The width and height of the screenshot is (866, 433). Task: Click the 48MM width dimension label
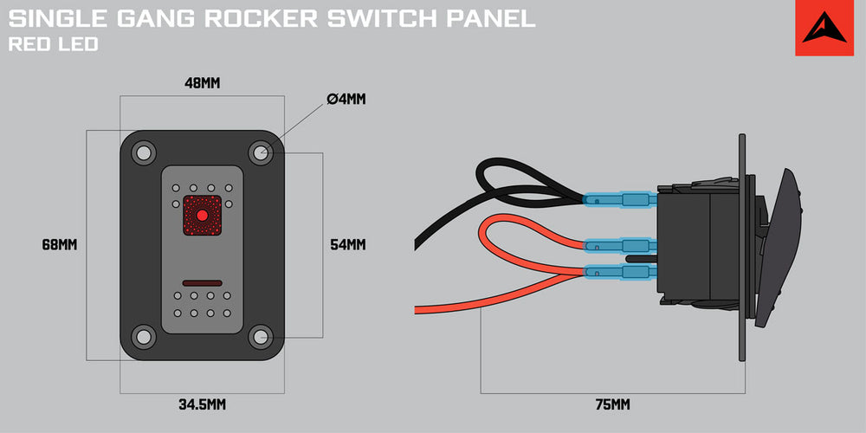coord(202,84)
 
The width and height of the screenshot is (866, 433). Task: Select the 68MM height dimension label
coord(60,245)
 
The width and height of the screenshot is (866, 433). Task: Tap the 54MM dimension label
coord(348,245)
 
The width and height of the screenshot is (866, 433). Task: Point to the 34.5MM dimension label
coord(202,404)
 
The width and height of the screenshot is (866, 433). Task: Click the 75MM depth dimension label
coord(612,404)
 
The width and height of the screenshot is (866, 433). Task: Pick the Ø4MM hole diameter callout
coord(347,99)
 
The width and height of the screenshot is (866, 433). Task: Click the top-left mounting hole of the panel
coord(142,152)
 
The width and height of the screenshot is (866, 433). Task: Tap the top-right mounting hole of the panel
coord(260,152)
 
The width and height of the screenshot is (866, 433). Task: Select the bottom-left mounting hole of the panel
coord(142,335)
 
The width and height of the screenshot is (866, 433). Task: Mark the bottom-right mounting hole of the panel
coord(260,335)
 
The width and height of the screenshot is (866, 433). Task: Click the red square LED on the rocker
coord(202,216)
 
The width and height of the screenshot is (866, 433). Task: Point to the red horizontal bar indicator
coord(202,283)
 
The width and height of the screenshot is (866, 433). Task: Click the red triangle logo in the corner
coord(824,29)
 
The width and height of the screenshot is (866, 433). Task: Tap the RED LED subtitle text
coord(52,44)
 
